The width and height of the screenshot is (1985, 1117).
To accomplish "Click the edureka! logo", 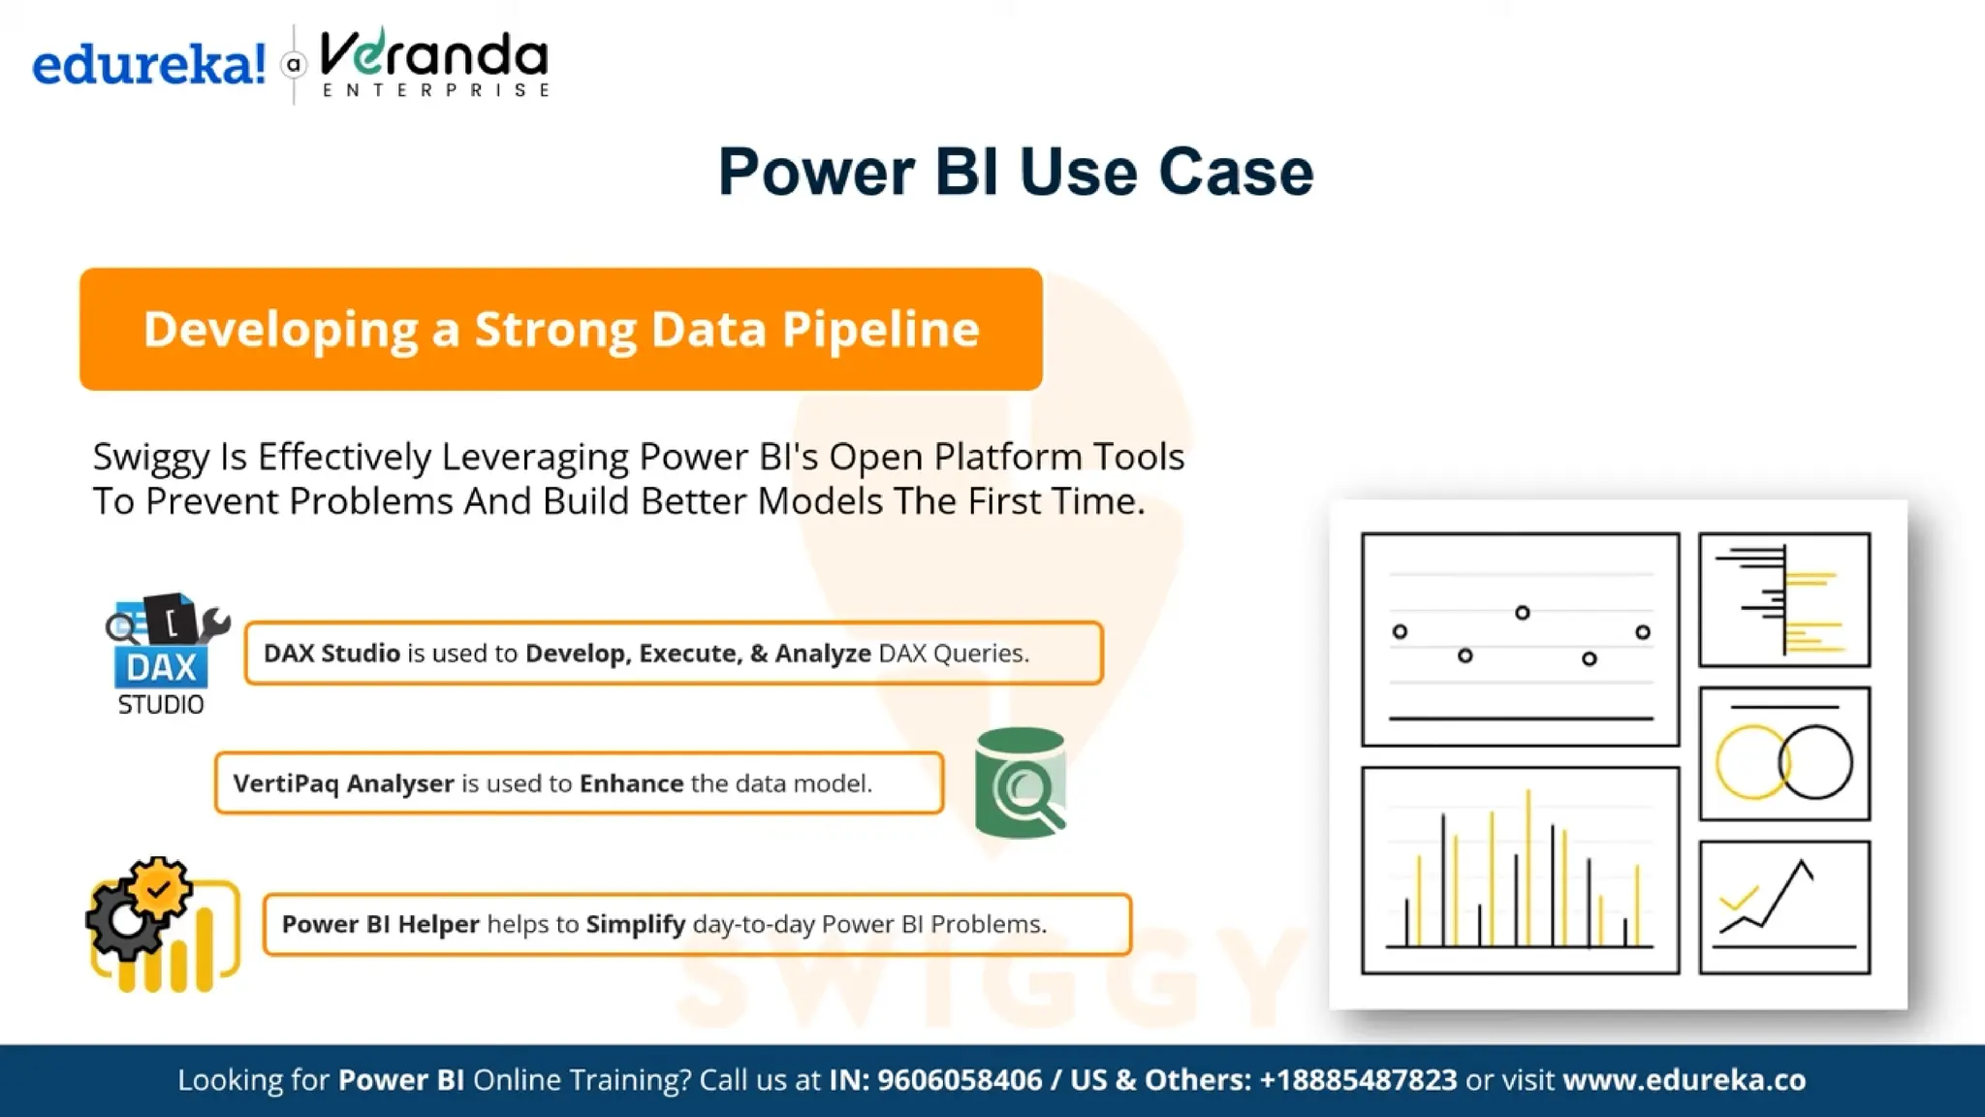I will point(148,65).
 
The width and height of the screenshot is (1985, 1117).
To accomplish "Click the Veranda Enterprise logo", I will point(434,62).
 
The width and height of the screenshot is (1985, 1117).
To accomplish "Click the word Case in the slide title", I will point(1236,173).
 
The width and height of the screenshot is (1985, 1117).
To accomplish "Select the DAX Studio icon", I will point(163,654).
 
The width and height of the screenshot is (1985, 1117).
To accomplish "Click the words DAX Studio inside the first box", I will point(331,654).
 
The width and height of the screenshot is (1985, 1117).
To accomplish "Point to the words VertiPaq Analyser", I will point(343,783).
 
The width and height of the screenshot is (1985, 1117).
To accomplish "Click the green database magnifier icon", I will point(1021,783).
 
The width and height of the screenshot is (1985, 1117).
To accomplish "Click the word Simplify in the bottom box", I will point(636,924).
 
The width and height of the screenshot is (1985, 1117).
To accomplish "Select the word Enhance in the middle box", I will point(631,783).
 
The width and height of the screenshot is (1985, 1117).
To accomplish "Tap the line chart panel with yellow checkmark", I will point(1783,907).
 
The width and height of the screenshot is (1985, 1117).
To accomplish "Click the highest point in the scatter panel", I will point(1522,613).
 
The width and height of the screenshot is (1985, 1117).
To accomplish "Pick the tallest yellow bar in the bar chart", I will point(1528,868).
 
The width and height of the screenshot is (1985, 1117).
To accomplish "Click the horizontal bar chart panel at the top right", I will point(1783,599).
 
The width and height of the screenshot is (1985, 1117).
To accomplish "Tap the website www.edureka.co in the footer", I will point(1684,1080).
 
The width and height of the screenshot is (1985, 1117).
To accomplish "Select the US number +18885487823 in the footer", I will point(1358,1080).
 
